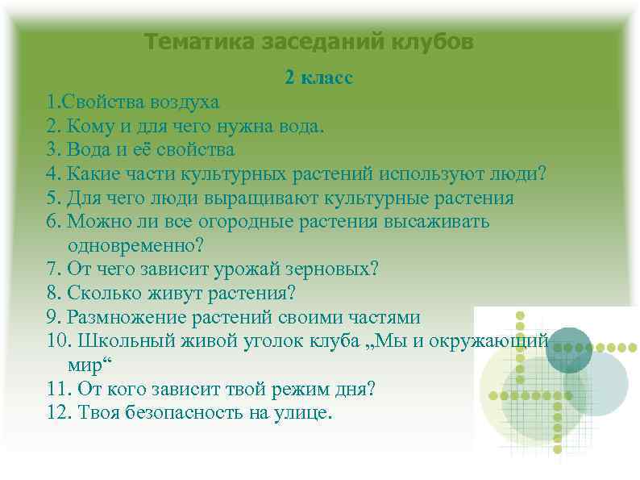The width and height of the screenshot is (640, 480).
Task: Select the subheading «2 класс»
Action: click(x=319, y=78)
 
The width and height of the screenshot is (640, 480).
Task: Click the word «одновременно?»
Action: click(x=137, y=245)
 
